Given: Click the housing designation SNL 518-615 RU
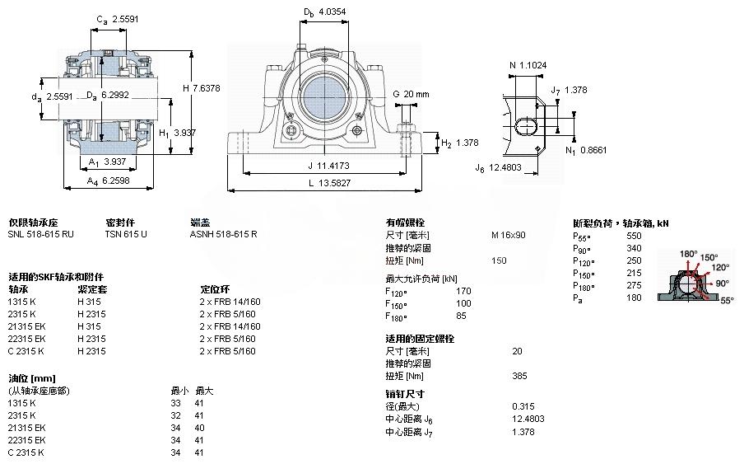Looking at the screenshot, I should coord(40,234).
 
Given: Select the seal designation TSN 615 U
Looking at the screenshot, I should coord(126,234).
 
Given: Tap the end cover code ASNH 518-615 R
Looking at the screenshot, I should coord(223,234).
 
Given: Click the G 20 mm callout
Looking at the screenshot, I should coord(412,94).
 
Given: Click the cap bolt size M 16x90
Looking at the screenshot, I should coord(508,235).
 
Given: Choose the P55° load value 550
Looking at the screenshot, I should coord(634,236).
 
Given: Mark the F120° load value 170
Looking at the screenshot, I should coord(463,291).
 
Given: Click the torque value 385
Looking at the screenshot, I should coord(519,376).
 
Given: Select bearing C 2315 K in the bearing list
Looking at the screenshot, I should coord(26,351).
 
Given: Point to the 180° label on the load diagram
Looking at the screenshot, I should coord(688,253).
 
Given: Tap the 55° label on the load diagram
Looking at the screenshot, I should coord(727,301).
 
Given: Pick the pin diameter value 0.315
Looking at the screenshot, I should coord(523,406).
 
